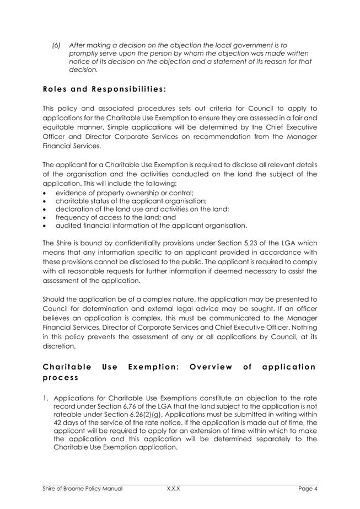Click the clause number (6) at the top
[56, 44]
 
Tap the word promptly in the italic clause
[84, 53]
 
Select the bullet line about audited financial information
[151, 225]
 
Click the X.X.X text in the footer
[174, 489]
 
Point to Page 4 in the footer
[308, 489]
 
